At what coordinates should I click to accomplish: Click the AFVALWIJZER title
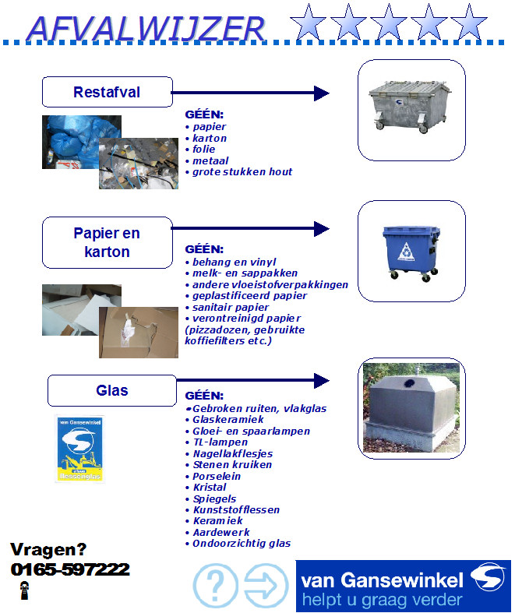point(146,29)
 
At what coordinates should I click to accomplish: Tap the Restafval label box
point(108,92)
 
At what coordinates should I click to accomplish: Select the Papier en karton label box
point(108,242)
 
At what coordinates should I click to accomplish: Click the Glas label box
point(112,390)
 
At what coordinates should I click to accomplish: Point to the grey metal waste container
point(409,107)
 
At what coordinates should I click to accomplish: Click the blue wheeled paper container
point(411,253)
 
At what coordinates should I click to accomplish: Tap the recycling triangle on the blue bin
point(407,252)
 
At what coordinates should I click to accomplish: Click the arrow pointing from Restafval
point(250,93)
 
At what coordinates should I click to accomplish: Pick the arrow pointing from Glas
point(253,380)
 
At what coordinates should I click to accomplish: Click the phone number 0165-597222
point(70,569)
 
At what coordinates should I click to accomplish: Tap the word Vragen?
point(48,550)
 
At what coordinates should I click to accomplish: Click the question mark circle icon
point(216,585)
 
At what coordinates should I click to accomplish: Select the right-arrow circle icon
point(266,585)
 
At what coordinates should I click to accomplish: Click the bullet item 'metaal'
point(207,160)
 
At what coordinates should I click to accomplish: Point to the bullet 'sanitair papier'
point(227,308)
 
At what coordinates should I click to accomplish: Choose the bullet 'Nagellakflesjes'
point(229,453)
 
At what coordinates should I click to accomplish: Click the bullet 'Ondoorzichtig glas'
point(238,544)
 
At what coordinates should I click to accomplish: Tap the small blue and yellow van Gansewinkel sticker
point(79,449)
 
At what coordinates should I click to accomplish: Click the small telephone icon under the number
point(24,590)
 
